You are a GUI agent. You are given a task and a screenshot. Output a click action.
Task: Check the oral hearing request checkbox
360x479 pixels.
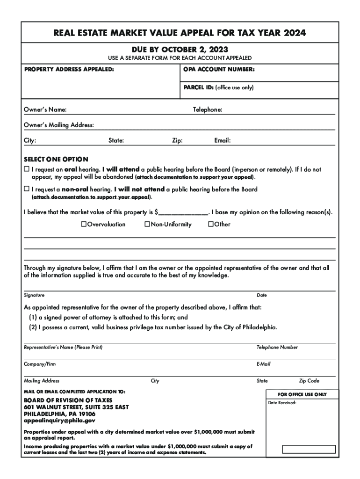(27, 169)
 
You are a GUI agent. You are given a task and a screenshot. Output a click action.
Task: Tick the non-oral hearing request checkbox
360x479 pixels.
(27, 189)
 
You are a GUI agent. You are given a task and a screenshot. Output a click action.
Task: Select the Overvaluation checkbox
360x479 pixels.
(84, 225)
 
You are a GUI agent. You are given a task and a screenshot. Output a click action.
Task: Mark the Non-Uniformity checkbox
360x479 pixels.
(147, 225)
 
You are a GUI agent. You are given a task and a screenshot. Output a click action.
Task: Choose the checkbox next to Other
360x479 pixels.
(210, 225)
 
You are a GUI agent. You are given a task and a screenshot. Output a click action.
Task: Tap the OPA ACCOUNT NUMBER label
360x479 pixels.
(216, 70)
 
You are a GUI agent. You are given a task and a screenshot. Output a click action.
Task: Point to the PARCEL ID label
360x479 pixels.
(199, 87)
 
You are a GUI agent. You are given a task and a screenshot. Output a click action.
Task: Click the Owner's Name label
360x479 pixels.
(45, 110)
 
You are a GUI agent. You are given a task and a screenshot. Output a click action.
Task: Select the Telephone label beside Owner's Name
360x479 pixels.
(208, 110)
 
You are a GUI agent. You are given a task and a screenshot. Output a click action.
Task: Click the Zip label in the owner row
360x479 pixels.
(177, 140)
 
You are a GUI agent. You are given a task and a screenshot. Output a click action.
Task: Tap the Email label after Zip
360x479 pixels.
(223, 140)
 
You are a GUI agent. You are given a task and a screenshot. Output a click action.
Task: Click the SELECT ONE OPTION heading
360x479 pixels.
(56, 159)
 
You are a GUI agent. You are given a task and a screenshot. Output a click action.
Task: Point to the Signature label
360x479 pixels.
(34, 295)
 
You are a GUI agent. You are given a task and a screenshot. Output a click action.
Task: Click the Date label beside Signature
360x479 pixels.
(262, 295)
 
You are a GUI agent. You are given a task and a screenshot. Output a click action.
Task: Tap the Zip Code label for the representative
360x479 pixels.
(309, 381)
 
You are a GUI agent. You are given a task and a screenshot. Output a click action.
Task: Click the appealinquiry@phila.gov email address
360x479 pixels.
(59, 421)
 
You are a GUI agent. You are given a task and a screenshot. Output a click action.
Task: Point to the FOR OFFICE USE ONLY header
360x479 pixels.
(302, 394)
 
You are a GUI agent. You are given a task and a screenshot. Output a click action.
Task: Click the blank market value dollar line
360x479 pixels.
(183, 212)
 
